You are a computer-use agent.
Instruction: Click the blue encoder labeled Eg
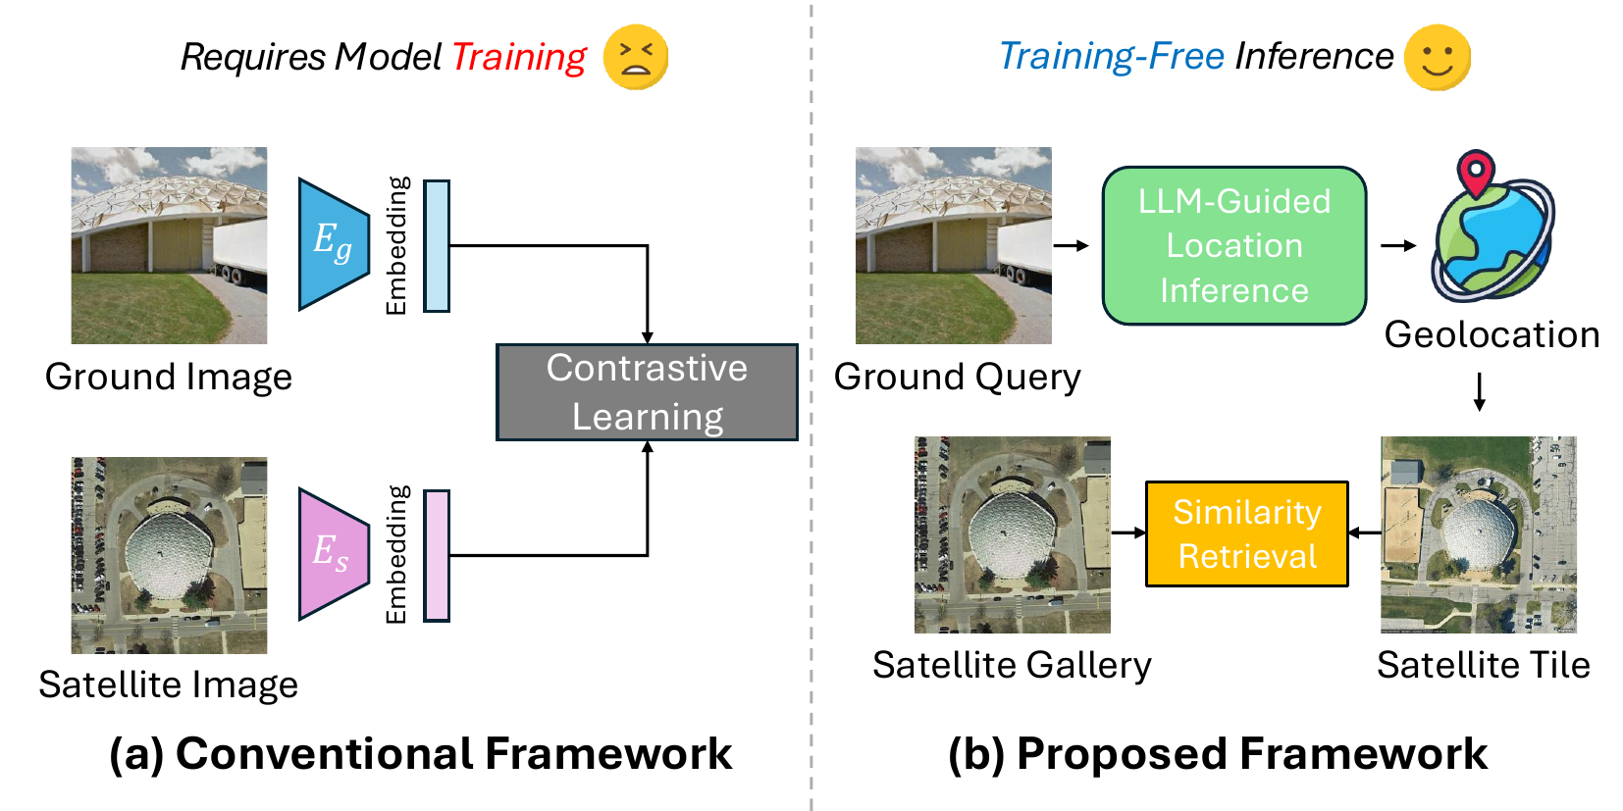tap(334, 244)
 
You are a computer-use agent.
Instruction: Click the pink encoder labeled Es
tap(334, 554)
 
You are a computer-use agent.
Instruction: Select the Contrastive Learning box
tap(647, 392)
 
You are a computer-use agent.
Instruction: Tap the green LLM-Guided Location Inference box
tap(1234, 246)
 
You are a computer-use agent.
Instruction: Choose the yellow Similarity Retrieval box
tap(1247, 534)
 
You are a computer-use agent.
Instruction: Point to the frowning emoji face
tap(636, 58)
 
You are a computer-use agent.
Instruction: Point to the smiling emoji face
tap(1438, 58)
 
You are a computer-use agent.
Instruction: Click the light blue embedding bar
tap(437, 246)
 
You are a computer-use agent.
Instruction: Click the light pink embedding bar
tap(437, 556)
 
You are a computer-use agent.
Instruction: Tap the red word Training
tap(518, 57)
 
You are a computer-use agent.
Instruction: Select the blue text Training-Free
tap(1111, 57)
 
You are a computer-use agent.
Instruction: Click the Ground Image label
tap(169, 377)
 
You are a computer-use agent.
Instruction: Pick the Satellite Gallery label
tap(1012, 665)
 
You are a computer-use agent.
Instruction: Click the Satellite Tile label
tap(1483, 665)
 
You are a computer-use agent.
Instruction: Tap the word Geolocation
tap(1492, 335)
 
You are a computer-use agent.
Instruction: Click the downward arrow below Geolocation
tap(1480, 391)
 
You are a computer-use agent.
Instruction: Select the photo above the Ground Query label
tap(953, 245)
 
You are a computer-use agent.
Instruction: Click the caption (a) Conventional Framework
tap(420, 754)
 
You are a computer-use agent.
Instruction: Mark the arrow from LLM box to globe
tap(1398, 245)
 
